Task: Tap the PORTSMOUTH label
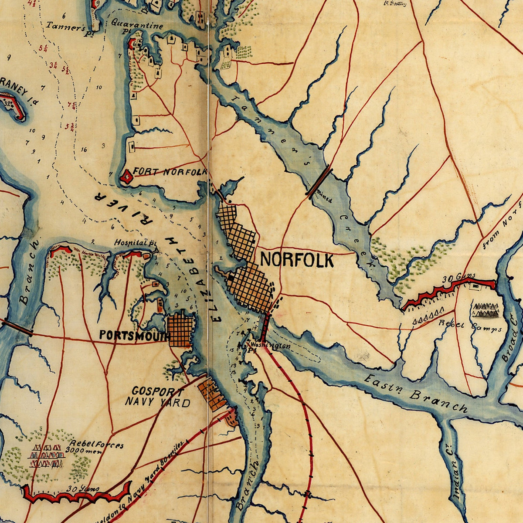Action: coord(134,335)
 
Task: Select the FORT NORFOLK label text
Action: coord(170,172)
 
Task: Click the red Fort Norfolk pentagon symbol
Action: coord(127,177)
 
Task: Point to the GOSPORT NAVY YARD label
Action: coord(157,397)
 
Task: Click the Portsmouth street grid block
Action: coord(180,330)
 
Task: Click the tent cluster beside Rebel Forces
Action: coord(46,456)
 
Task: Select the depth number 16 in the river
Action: coord(84,149)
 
